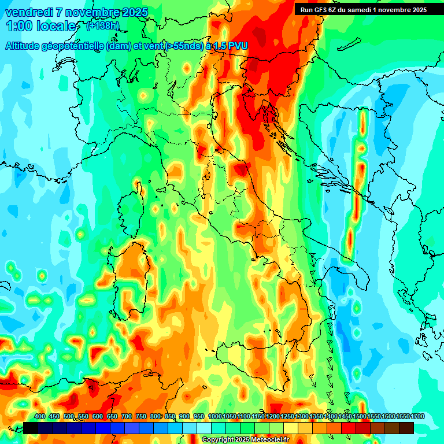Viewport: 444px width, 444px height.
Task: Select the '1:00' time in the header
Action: click(18, 26)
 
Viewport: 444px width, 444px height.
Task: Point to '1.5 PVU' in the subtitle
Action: click(231, 46)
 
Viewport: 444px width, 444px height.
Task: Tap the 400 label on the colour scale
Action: click(40, 417)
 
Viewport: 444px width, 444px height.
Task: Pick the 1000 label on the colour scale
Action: click(214, 417)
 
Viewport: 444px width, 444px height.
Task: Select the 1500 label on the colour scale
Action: click(360, 417)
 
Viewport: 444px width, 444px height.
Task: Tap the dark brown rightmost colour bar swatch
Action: click(406, 428)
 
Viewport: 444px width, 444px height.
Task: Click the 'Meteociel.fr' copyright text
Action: click(266, 440)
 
